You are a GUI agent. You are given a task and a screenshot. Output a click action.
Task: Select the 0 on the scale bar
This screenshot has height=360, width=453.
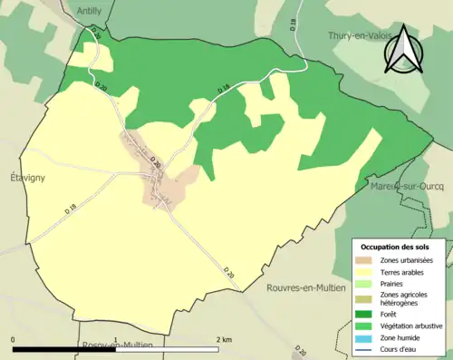(x=13, y=339)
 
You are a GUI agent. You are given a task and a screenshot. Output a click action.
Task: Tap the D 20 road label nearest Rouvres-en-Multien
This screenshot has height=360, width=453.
(x=228, y=270)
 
